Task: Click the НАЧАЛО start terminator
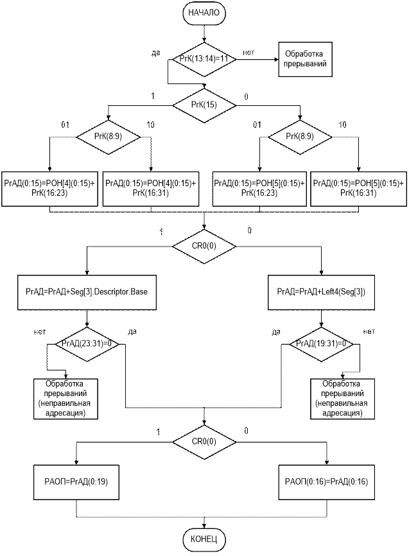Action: pyautogui.click(x=205, y=12)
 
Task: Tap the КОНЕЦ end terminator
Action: pyautogui.click(x=205, y=538)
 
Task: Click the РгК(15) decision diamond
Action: pyautogui.click(x=204, y=105)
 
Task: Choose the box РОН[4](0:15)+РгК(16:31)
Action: pyautogui.click(x=151, y=188)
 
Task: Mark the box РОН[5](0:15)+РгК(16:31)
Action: pyautogui.click(x=358, y=188)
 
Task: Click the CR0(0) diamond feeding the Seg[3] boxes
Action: pyautogui.click(x=204, y=245)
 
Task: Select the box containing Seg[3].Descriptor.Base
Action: pyautogui.click(x=87, y=291)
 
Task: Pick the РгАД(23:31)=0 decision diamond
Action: pyautogui.click(x=87, y=343)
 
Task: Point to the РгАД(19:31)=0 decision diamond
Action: pyautogui.click(x=319, y=343)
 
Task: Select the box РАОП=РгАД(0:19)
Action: pyautogui.click(x=76, y=481)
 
